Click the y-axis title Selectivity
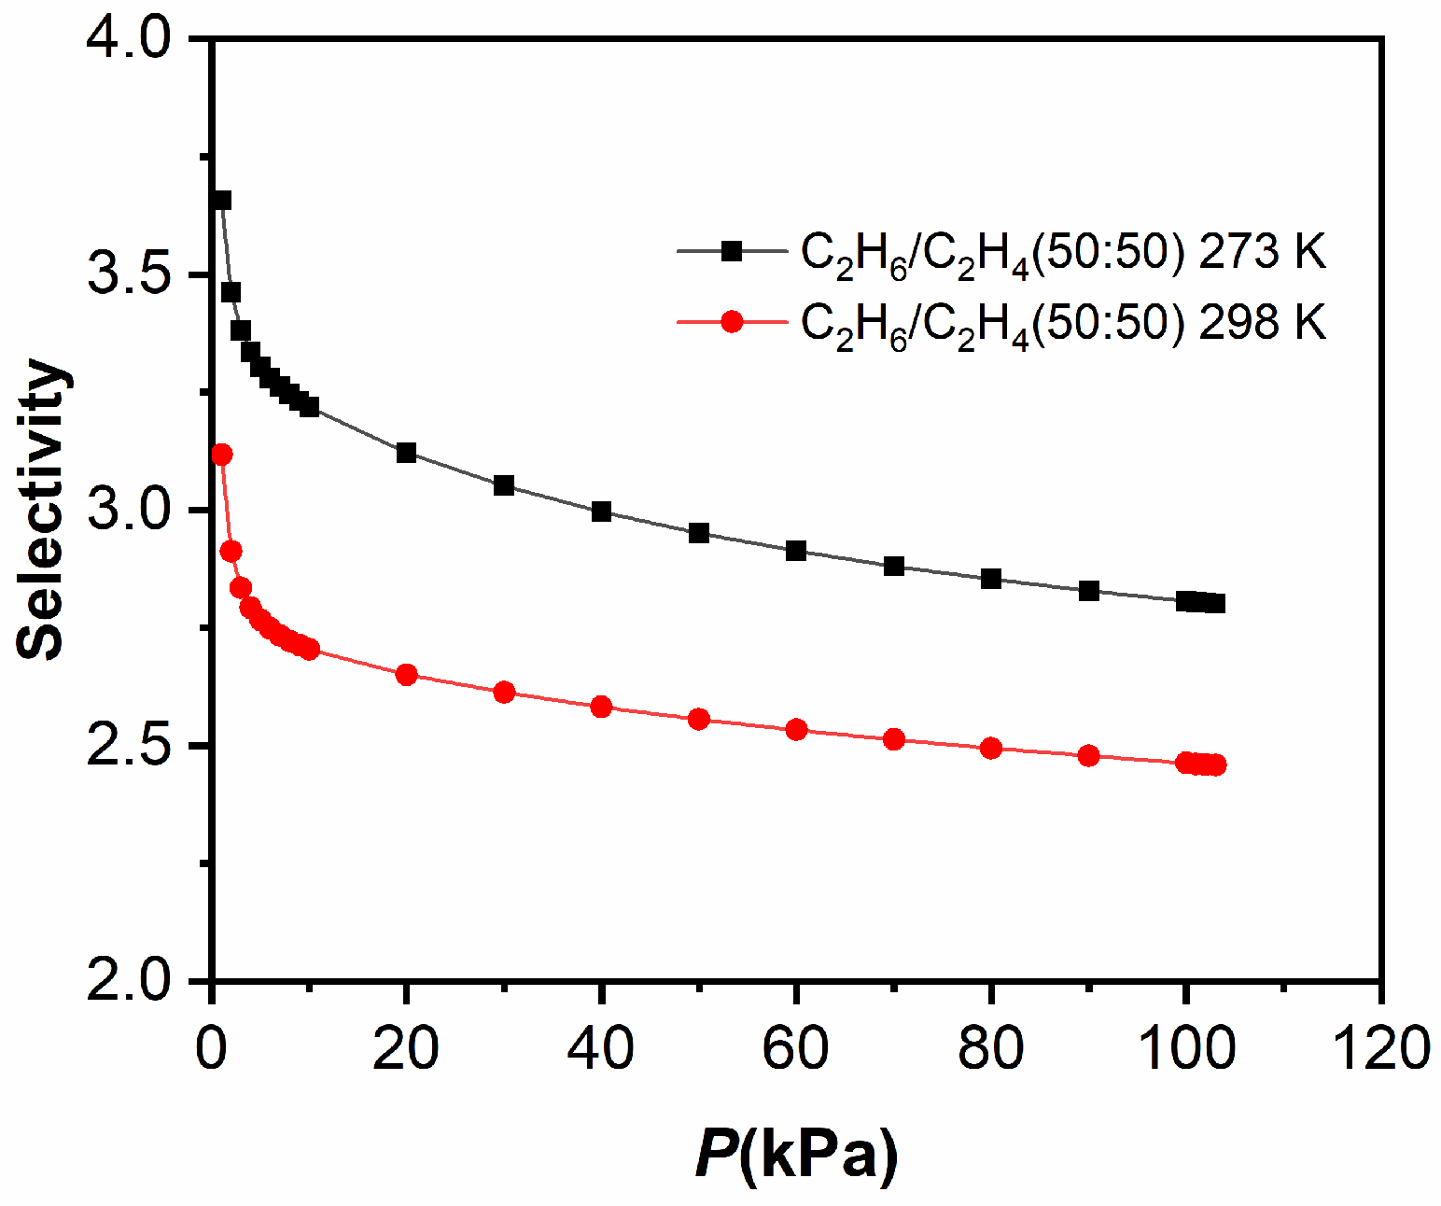click(42, 509)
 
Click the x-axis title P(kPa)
click(796, 1154)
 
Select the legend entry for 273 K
click(1063, 251)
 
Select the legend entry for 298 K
click(1063, 323)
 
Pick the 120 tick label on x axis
click(1380, 1047)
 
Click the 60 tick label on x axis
click(796, 1047)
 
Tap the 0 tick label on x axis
click(213, 1047)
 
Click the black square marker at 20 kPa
click(406, 453)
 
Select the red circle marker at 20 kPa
click(406, 675)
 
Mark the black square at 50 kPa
click(699, 533)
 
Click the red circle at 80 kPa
click(991, 748)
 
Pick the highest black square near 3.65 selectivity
click(222, 200)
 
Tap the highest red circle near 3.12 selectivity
click(222, 455)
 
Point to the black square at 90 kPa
click(1088, 591)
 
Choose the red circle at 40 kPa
click(601, 707)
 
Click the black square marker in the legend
click(733, 250)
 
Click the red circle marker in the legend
click(733, 322)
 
